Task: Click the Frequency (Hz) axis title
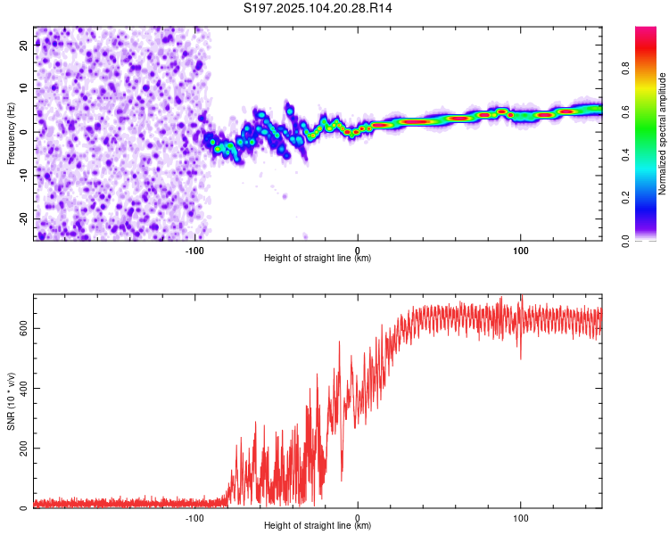click(11, 134)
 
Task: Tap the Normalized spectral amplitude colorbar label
click(663, 134)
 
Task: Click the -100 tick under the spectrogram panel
click(195, 249)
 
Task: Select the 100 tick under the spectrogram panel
click(520, 249)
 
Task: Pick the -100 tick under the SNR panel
click(195, 517)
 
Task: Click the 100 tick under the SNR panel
click(520, 517)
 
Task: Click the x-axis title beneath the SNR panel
click(318, 526)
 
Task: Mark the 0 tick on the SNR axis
click(25, 508)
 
